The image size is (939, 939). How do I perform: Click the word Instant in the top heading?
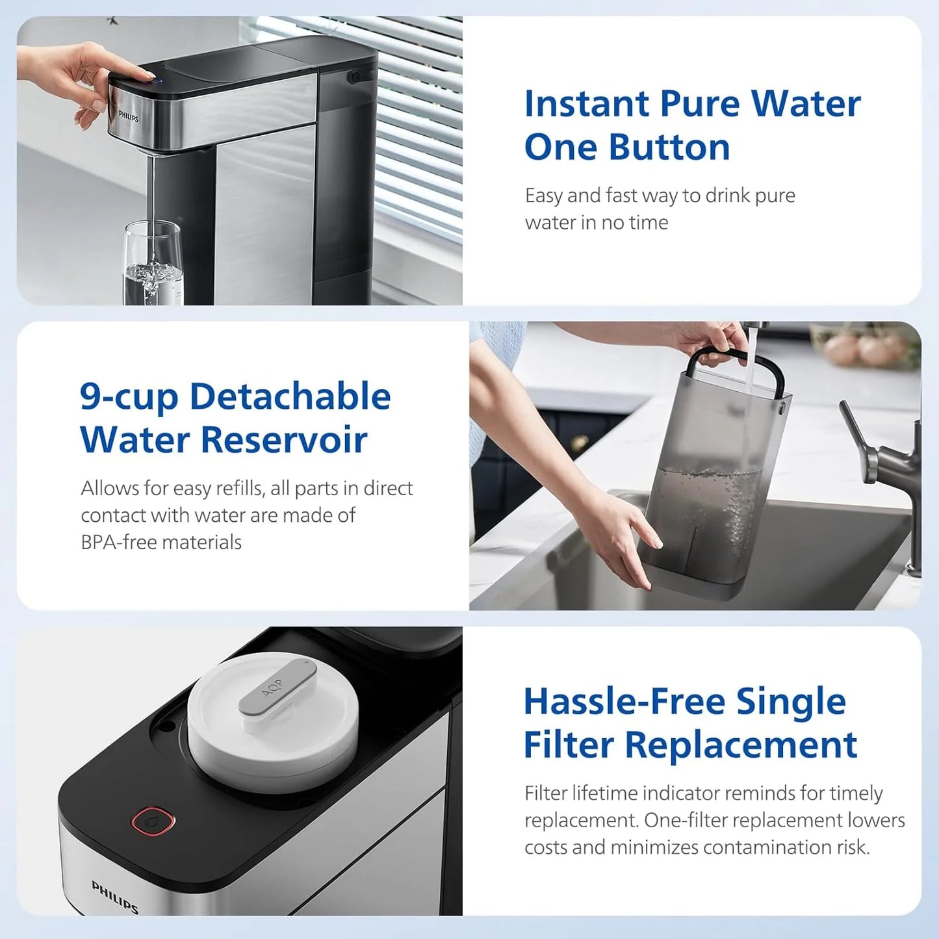click(587, 104)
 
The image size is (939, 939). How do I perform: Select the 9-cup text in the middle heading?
click(129, 398)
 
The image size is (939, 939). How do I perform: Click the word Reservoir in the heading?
click(284, 440)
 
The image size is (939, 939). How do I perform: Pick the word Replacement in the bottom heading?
click(741, 745)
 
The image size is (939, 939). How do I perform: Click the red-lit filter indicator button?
click(153, 821)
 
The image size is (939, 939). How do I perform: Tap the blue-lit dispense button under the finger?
click(151, 80)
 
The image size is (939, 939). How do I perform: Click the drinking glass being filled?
click(153, 263)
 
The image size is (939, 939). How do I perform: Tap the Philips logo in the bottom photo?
click(115, 897)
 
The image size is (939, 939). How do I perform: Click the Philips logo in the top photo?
click(128, 116)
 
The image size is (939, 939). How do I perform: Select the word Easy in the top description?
click(543, 196)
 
